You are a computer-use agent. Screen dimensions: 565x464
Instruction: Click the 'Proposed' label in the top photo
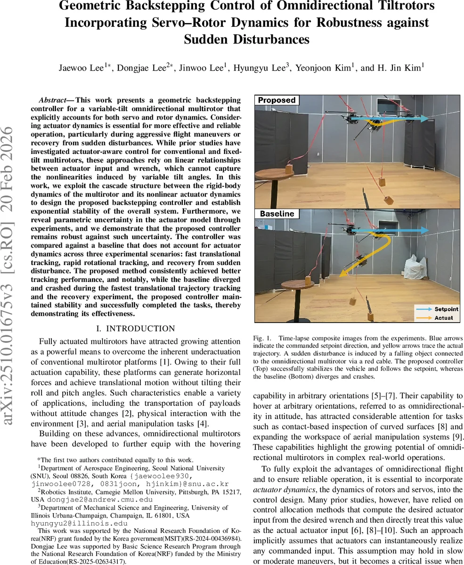pos(277,100)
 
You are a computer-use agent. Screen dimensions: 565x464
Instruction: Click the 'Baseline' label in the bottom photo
pos(277,214)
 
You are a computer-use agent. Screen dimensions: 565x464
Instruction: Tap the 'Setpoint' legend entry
pos(446,309)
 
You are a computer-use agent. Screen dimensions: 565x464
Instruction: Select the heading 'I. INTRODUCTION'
pos(136,329)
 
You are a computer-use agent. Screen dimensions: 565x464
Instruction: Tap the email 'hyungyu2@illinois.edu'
pos(73,523)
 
